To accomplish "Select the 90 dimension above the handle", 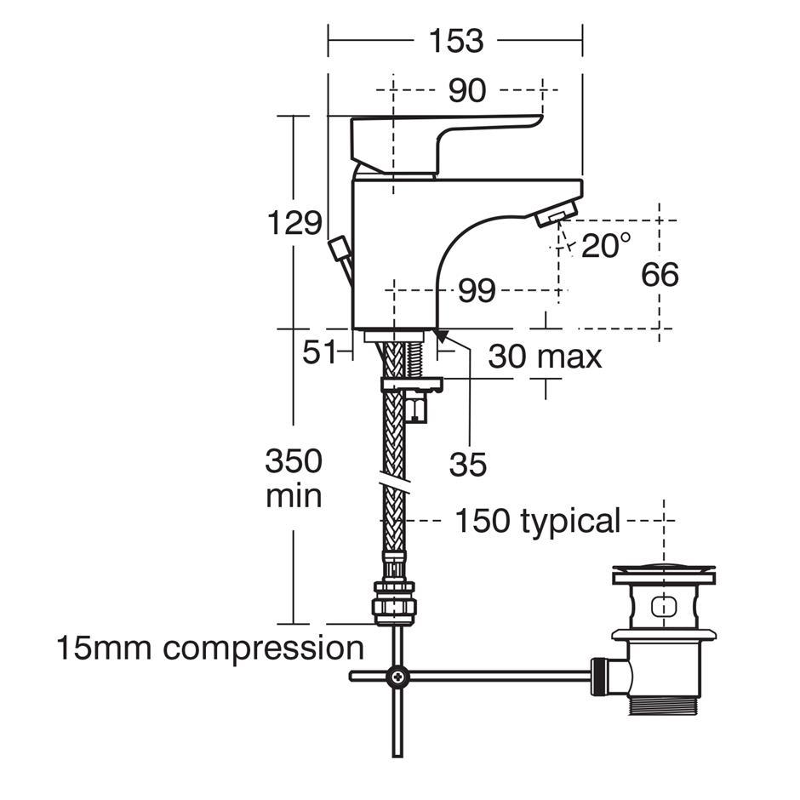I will [467, 90].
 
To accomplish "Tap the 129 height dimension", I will [294, 224].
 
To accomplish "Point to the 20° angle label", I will [606, 246].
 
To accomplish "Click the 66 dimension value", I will [660, 275].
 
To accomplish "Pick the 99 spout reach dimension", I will [477, 291].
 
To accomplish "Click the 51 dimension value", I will [320, 352].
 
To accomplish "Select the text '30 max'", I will [545, 357].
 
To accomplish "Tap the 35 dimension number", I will [468, 465].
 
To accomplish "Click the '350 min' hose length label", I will [294, 478].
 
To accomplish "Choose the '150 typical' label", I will [537, 521].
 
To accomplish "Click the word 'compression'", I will [264, 649].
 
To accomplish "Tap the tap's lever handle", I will [443, 136].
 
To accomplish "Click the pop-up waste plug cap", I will [663, 576].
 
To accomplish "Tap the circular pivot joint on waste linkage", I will [397, 677].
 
